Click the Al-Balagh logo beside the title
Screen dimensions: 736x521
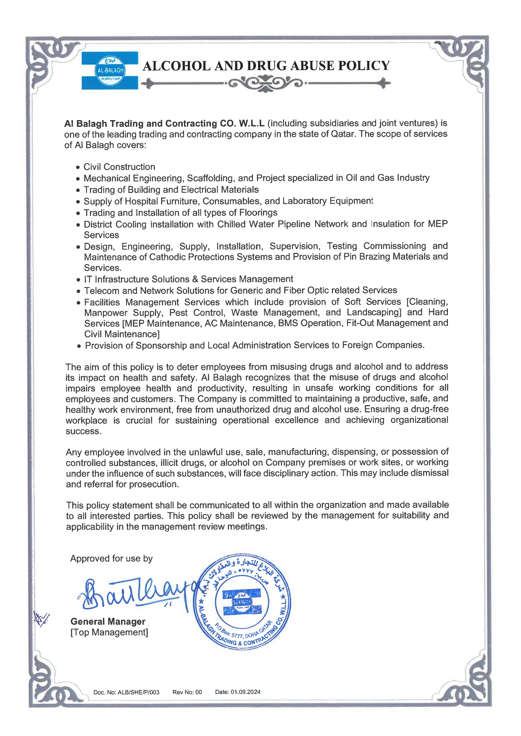(110, 70)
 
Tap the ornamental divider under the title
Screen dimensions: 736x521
(266, 84)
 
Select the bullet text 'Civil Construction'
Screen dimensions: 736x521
(119, 167)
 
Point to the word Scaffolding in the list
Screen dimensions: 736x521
(209, 178)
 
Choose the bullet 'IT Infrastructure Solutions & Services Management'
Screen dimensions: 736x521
(189, 279)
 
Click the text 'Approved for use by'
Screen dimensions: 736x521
(111, 559)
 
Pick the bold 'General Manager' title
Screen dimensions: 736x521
(108, 622)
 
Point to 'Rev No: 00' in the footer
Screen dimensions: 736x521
(187, 692)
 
